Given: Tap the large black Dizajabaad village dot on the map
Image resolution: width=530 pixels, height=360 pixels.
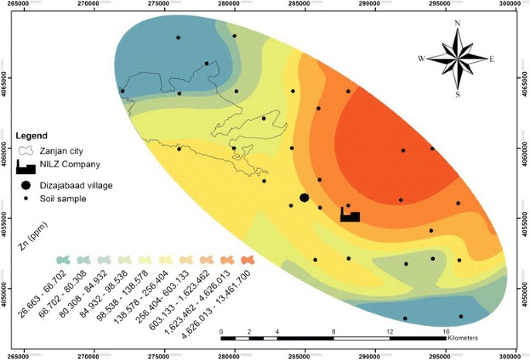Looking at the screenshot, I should pos(304,198).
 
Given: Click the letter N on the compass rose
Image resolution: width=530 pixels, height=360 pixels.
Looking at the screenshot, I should pos(458,24).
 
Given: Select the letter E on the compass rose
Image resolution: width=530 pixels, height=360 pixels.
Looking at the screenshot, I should pos(492,59).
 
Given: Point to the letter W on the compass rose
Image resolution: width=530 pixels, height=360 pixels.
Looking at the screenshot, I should pos(422,59).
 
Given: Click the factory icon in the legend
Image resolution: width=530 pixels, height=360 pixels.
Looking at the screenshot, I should pos(27,166).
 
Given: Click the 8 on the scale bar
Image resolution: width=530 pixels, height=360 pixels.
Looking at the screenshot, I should pos(333,331).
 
